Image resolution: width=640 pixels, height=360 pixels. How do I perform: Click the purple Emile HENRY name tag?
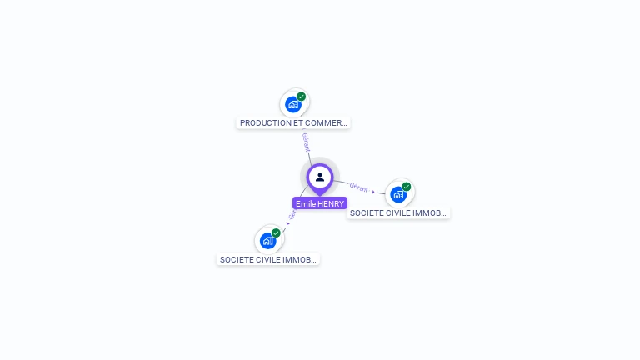[x=320, y=203]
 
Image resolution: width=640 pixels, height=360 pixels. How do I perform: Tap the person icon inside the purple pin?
[x=320, y=177]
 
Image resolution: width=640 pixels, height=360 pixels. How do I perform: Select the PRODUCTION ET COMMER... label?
[x=293, y=122]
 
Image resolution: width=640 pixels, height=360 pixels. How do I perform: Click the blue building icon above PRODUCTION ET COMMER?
[x=292, y=104]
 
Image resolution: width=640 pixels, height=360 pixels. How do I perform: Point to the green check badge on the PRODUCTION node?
[x=302, y=97]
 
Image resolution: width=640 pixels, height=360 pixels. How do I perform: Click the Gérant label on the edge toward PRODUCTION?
[x=306, y=142]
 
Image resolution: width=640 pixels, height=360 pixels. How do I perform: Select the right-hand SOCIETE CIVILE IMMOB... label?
[x=398, y=212]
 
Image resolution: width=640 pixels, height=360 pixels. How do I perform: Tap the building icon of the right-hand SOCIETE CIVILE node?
[x=398, y=194]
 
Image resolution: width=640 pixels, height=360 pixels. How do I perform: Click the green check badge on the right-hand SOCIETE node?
[x=407, y=187]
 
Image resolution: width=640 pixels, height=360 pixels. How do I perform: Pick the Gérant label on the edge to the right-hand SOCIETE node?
[x=359, y=187]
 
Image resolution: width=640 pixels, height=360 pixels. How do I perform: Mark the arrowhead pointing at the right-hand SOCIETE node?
[x=373, y=192]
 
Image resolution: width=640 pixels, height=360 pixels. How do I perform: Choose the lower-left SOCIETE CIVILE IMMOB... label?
[x=268, y=259]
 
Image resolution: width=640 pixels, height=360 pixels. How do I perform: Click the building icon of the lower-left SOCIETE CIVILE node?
[x=267, y=241]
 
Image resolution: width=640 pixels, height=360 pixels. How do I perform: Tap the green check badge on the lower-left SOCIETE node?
[x=277, y=233]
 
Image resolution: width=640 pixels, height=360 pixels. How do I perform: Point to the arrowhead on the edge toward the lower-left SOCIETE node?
[x=287, y=222]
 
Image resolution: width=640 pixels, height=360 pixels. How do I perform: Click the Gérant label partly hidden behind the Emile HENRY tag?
[x=292, y=213]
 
